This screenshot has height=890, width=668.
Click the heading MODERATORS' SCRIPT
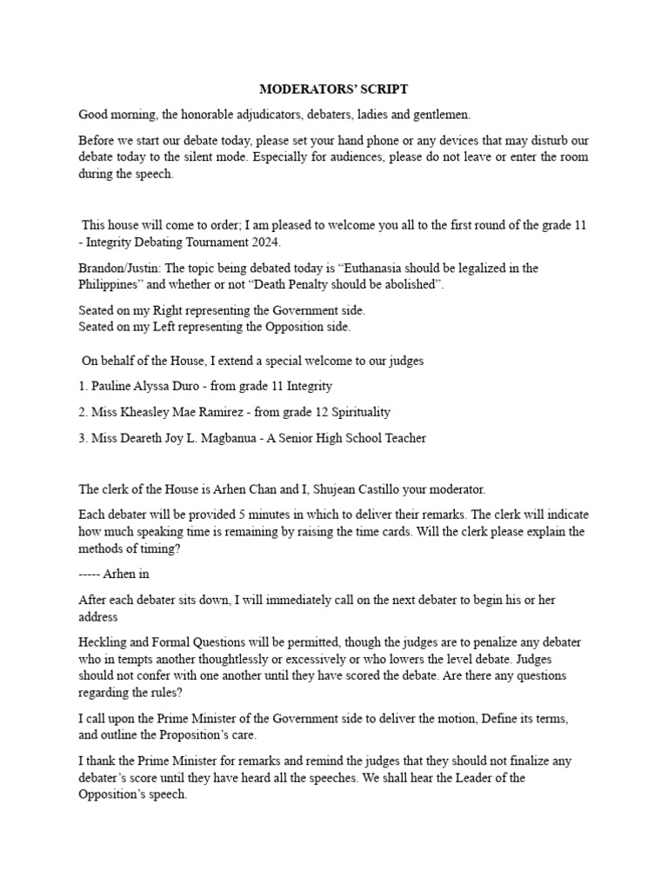[334, 90]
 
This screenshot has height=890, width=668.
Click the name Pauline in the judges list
[114, 385]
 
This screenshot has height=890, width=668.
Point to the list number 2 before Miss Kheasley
[83, 411]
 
